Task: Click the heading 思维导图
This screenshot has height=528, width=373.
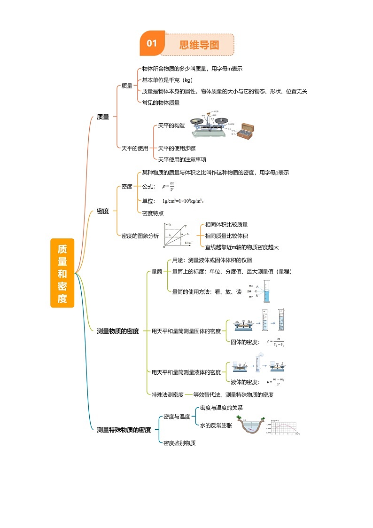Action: [199, 45]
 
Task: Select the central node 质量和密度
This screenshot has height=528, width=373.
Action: [62, 273]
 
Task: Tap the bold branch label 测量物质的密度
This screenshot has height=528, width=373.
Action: [117, 331]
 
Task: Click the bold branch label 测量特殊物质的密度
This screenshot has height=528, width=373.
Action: [124, 430]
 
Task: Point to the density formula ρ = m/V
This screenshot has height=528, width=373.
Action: [168, 187]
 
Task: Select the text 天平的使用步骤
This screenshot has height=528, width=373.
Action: [177, 148]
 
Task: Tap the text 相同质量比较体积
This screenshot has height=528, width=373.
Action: [226, 236]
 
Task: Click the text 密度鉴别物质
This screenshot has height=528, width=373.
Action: [179, 443]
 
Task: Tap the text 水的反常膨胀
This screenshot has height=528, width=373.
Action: [216, 425]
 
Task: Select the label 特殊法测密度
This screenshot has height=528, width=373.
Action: [167, 394]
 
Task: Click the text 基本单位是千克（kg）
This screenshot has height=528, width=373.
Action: [167, 80]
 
